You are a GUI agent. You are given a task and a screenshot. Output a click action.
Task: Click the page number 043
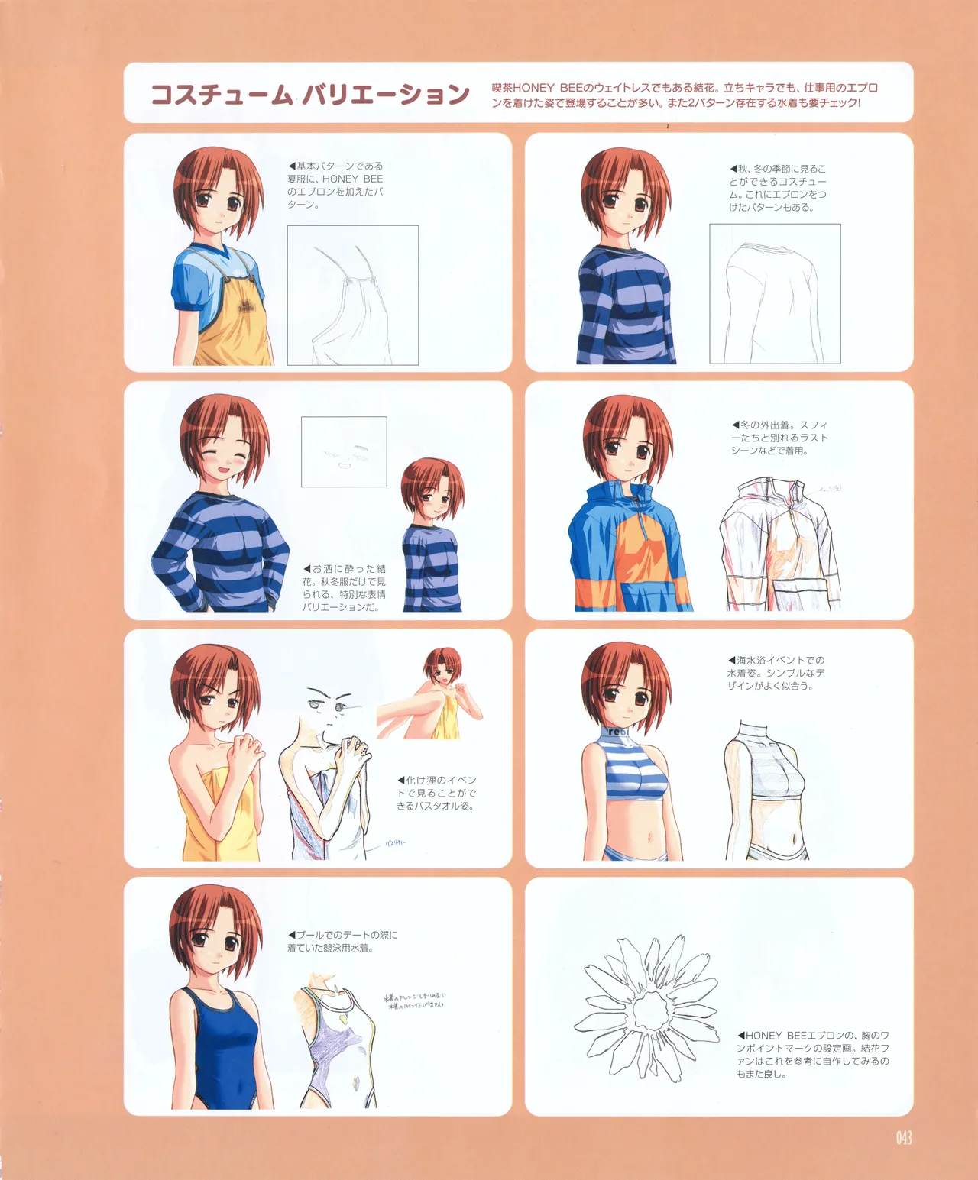point(904,1139)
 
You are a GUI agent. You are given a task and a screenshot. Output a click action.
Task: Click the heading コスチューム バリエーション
point(309,95)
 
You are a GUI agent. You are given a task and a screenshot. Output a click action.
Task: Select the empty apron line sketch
point(352,295)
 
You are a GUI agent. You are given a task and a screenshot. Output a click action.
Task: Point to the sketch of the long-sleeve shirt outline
point(774,293)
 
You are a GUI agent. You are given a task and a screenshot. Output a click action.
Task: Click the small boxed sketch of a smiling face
point(344,451)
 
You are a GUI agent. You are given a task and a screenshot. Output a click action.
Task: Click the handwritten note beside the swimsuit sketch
point(414,1001)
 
